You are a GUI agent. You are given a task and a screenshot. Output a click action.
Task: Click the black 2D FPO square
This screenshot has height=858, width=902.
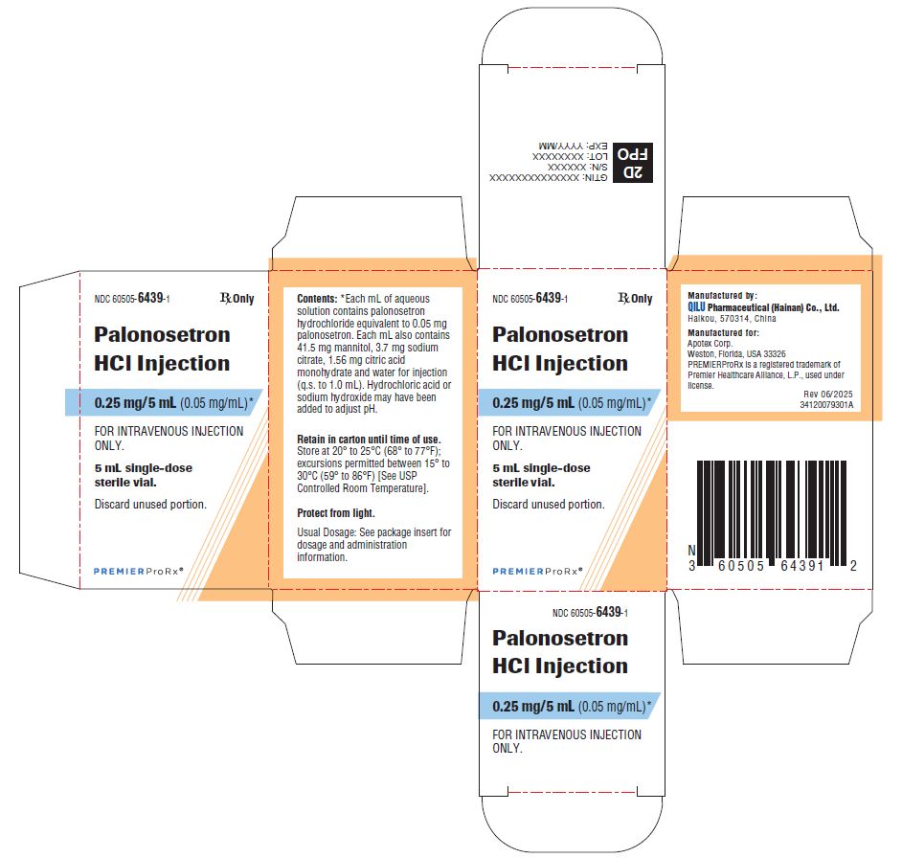pos(633,163)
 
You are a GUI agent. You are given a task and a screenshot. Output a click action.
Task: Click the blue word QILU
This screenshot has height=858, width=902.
pos(696,307)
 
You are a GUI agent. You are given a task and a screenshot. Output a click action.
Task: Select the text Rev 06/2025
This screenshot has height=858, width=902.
pos(828,395)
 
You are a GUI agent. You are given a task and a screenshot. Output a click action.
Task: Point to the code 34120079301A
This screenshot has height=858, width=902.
pos(826,404)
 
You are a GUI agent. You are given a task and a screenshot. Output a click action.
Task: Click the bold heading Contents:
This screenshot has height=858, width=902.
pos(317,299)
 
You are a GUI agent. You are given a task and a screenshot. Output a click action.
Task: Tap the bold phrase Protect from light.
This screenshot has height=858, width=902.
pos(336,512)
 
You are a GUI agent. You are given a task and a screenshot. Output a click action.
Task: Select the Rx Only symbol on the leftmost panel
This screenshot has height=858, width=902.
pos(237,298)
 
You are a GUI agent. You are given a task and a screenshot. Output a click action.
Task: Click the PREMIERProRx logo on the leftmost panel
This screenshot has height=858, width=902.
pos(139,571)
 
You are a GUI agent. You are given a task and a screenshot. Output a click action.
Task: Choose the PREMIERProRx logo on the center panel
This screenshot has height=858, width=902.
pos(537,571)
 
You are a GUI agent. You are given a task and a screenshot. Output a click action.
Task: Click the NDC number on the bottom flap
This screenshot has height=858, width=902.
pos(590,612)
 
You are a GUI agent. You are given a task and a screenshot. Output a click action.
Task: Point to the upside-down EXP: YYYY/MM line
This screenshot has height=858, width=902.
pos(573,147)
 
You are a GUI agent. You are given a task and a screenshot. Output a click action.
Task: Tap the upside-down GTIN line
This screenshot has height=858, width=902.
pos(549,178)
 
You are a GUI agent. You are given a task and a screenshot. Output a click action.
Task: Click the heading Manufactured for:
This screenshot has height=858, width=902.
pos(723,332)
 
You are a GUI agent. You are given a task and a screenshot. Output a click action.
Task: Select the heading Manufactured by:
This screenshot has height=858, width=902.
pos(723,295)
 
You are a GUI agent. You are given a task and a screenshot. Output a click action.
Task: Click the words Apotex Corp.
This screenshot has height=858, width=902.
pos(710,343)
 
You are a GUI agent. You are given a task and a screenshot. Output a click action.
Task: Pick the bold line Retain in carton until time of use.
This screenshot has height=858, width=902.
pos(369,440)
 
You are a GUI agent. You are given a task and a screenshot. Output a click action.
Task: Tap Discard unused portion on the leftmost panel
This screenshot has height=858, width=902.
pos(150,504)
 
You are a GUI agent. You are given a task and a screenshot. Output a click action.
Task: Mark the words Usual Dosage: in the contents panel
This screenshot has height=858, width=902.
pos(327,532)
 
